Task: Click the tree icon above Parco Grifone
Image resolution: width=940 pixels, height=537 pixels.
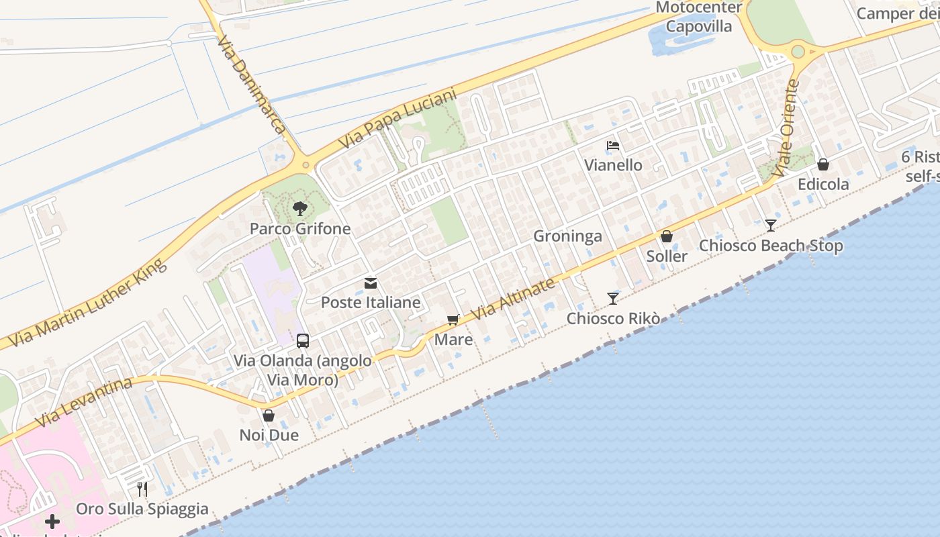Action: coord(300,209)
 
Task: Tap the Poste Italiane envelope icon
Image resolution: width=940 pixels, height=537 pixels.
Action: coord(371,283)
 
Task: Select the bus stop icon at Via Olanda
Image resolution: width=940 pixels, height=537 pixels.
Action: coord(303,340)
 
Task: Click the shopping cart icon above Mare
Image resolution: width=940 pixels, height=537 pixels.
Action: coord(453,320)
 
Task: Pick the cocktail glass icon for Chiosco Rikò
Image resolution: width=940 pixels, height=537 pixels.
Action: coord(612,299)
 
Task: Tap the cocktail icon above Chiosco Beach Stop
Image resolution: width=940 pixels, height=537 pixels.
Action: coord(771,226)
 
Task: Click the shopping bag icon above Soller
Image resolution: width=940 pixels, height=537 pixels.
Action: coord(667,236)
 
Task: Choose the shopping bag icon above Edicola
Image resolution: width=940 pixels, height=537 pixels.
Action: coord(823,164)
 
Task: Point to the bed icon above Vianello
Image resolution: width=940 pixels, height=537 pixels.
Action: coord(612,146)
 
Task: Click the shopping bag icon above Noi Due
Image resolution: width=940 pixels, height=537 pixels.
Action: coord(269,416)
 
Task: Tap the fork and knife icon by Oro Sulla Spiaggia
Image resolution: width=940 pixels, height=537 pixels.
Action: coord(142,489)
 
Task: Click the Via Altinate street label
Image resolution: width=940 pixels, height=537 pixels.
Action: coord(514,299)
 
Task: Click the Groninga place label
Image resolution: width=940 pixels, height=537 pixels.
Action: coord(567,236)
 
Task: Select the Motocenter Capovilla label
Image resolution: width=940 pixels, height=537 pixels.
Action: coord(699,17)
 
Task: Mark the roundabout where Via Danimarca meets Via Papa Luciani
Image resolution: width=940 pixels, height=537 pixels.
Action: coord(305,164)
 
